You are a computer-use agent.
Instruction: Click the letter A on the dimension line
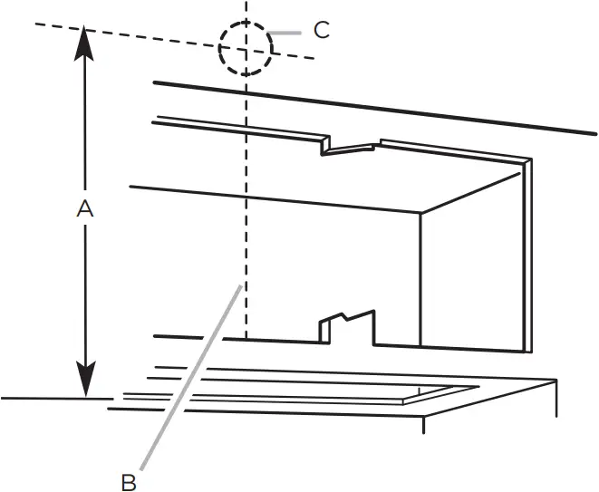click(84, 208)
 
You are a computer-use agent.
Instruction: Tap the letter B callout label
click(129, 481)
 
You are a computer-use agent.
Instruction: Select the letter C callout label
click(321, 29)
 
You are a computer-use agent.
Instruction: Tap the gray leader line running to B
click(190, 381)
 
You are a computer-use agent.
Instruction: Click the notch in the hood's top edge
click(349, 146)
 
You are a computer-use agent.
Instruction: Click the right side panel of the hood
click(471, 272)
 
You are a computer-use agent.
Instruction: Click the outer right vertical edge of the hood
click(530, 254)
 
